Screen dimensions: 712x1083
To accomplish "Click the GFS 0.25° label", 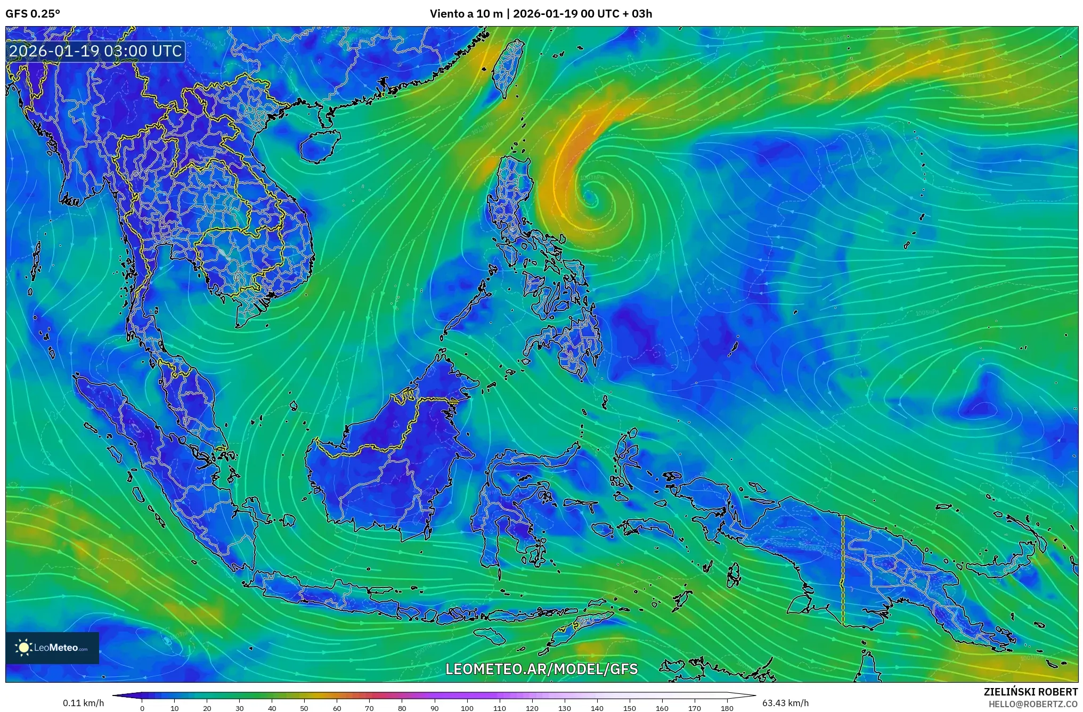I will pos(32,14).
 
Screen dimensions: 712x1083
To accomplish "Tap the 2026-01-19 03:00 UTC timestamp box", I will pos(96,52).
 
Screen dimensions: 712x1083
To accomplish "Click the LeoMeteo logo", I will pos(52,648).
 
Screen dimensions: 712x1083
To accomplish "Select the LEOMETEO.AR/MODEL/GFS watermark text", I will pos(541,669).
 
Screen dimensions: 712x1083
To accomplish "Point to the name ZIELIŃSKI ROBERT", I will pos(1030,692).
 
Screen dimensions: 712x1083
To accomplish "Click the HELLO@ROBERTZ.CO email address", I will pos(1033,704).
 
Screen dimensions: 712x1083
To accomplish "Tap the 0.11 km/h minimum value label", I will pos(83,703).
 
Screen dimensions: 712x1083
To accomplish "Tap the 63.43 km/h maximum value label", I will pos(785,703).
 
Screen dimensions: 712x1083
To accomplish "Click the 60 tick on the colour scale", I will pos(337,708).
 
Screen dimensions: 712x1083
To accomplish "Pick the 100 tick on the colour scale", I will pos(467,708).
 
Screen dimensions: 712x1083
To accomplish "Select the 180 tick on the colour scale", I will pos(727,708).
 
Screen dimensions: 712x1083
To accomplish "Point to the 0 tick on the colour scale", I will pos(142,708).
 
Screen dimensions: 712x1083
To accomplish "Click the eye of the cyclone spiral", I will pos(590,199).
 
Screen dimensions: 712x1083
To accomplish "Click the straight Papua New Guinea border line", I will pos(842,570).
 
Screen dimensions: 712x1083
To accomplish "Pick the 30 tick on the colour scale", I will pos(239,708).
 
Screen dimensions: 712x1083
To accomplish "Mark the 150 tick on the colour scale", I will pos(630,708).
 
